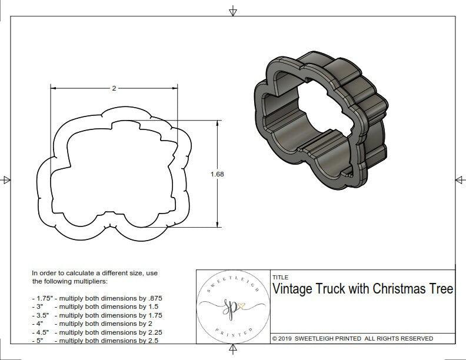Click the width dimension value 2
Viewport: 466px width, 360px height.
pyautogui.click(x=114, y=88)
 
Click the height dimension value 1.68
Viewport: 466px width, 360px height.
pyautogui.click(x=218, y=174)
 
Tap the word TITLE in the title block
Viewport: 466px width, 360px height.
pyautogui.click(x=280, y=278)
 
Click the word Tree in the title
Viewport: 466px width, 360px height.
pyautogui.click(x=442, y=289)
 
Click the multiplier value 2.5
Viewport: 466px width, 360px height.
pyautogui.click(x=152, y=340)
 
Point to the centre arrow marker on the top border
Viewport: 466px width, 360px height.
pyautogui.click(x=233, y=11)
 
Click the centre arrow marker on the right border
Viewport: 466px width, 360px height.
pyautogui.click(x=458, y=179)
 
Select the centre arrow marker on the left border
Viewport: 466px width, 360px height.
pyautogui.click(x=6, y=179)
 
